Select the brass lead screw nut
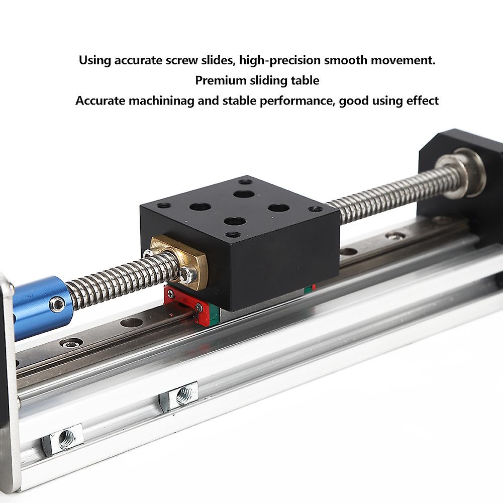(x=183, y=261)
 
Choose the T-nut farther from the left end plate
(x=180, y=396)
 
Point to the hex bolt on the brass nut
(x=188, y=274)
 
